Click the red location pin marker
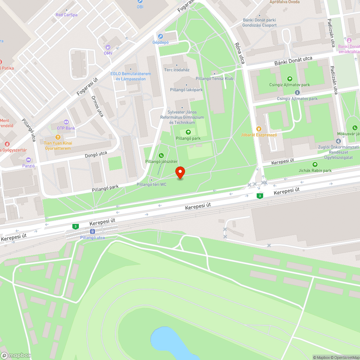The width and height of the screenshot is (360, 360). (x=180, y=172)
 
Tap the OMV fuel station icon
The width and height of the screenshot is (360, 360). (x=108, y=47)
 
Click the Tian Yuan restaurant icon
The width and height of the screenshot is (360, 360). (x=58, y=137)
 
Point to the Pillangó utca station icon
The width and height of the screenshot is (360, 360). (x=93, y=231)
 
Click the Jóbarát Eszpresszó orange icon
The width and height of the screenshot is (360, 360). (x=258, y=129)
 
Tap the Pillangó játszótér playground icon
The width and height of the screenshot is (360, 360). (x=161, y=156)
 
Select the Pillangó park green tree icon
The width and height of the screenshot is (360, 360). (x=188, y=132)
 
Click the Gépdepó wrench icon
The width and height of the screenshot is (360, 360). (x=161, y=36)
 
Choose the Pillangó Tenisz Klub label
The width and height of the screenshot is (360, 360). (x=215, y=78)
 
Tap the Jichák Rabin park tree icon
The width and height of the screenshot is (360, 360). (x=315, y=165)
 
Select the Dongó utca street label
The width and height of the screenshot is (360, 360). (x=96, y=154)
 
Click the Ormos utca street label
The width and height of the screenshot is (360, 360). (x=98, y=106)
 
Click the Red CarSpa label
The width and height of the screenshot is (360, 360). (x=67, y=15)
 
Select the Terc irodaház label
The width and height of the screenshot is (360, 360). (x=177, y=70)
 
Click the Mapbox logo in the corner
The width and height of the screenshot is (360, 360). (x=16, y=355)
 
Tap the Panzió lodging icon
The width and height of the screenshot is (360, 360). (x=28, y=160)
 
